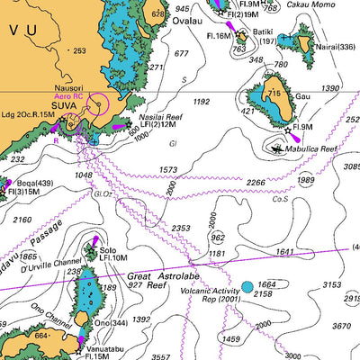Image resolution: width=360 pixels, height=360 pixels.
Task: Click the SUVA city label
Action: (x=64, y=105)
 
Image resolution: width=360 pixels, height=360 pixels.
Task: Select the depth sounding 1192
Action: (x=201, y=102)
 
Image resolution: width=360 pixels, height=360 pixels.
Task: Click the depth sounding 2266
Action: (x=256, y=183)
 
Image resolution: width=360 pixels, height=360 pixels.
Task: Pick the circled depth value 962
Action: (x=217, y=238)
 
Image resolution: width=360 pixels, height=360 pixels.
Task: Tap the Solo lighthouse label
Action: (x=108, y=250)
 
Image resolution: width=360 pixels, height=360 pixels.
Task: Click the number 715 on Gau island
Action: (x=274, y=94)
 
